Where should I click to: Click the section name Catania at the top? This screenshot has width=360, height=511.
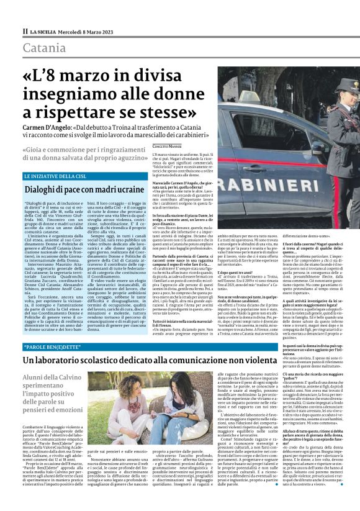[x=43, y=48]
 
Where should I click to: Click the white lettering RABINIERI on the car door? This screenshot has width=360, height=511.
[x=292, y=170]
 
